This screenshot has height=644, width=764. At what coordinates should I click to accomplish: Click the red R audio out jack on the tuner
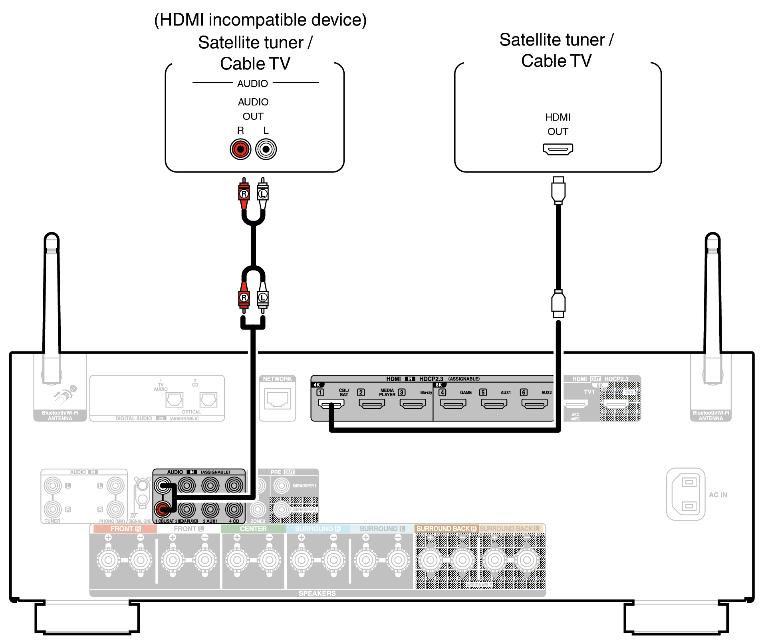(240, 149)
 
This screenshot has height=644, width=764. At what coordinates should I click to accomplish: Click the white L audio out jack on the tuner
(266, 149)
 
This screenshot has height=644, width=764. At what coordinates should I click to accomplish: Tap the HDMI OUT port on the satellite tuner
(558, 149)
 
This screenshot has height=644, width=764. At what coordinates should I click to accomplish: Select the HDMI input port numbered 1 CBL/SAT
(331, 404)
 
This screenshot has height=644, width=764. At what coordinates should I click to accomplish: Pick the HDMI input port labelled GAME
(453, 404)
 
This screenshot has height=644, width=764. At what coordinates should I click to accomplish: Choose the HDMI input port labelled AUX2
(534, 404)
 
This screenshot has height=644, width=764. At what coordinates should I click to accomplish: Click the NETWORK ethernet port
(277, 399)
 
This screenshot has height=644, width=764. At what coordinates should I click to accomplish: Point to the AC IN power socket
(686, 494)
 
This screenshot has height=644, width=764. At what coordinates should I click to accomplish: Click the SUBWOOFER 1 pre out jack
(282, 486)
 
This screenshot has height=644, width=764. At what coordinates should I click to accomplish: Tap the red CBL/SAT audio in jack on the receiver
(163, 509)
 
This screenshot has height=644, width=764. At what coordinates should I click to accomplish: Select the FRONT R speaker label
(125, 529)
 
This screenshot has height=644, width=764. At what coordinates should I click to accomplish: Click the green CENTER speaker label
(253, 529)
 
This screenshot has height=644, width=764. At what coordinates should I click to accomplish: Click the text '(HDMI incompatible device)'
(260, 20)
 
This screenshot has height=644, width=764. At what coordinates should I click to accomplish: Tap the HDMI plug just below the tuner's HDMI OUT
(558, 191)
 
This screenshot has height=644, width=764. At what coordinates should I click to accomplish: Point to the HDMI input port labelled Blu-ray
(413, 404)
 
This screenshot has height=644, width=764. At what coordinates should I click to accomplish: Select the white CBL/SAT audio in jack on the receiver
(163, 486)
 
